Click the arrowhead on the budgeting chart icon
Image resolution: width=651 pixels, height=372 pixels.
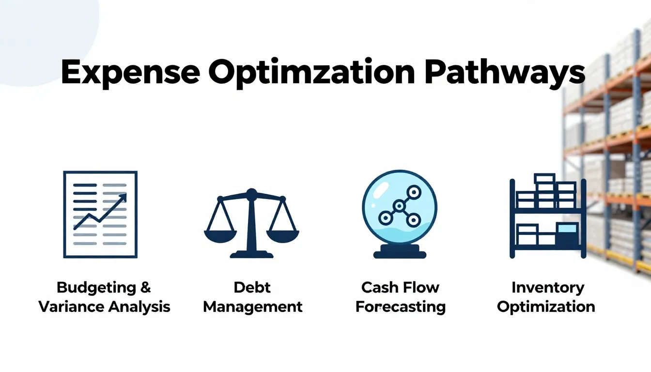[123, 198]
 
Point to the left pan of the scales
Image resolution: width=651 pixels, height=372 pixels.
[220, 235]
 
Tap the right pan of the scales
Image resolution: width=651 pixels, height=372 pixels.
[283, 235]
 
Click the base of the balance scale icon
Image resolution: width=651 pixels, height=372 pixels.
[251, 253]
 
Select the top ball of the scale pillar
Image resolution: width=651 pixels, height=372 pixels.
[251, 194]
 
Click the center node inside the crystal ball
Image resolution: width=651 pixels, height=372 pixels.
[399, 206]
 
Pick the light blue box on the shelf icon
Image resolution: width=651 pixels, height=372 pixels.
[567, 228]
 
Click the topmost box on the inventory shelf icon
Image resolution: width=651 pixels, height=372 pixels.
[544, 178]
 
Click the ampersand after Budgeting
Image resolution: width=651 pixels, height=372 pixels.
[145, 287]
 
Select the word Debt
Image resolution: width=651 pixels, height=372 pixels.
[252, 287]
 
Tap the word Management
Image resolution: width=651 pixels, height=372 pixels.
[252, 307]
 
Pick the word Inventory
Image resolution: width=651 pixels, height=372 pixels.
[547, 287]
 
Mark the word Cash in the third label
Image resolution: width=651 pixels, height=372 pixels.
[378, 287]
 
